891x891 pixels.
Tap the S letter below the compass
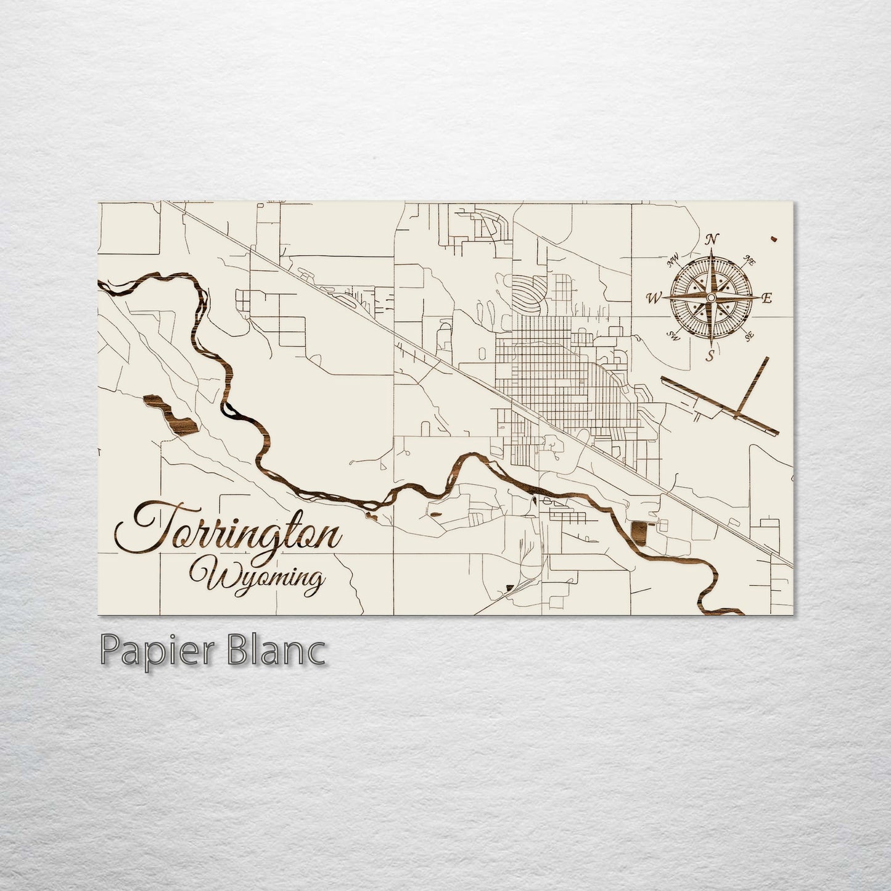[710, 355]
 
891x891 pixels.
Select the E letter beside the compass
[767, 299]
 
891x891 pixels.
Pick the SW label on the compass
[673, 336]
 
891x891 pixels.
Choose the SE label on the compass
[750, 336]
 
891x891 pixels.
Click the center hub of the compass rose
[710, 298]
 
